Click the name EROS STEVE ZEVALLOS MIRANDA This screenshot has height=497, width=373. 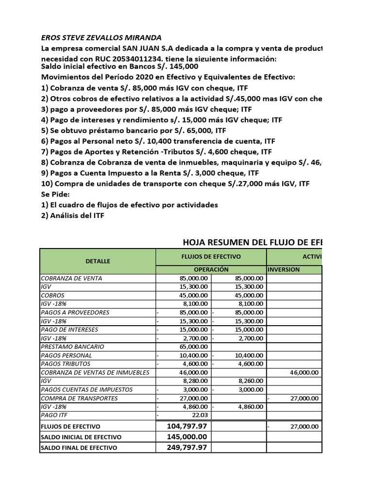(102, 38)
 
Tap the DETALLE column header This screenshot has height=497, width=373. (98, 261)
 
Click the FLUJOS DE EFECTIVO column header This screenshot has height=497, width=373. (211, 256)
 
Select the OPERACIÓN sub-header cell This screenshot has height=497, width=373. (211, 269)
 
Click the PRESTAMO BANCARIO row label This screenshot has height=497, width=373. (73, 347)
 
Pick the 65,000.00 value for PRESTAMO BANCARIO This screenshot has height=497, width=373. (192, 347)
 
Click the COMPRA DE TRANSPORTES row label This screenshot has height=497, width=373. (79, 398)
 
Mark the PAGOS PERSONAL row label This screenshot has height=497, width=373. (67, 355)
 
